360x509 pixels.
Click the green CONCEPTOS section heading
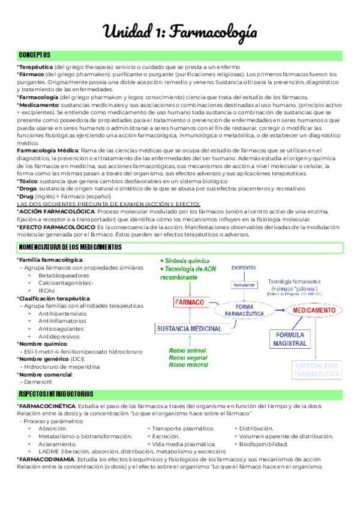pyautogui.click(x=34, y=55)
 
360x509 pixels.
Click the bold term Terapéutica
pyautogui.click(x=35, y=67)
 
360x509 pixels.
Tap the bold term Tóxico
pyautogui.click(x=28, y=181)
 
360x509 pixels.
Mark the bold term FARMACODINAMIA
pyautogui.click(x=46, y=459)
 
